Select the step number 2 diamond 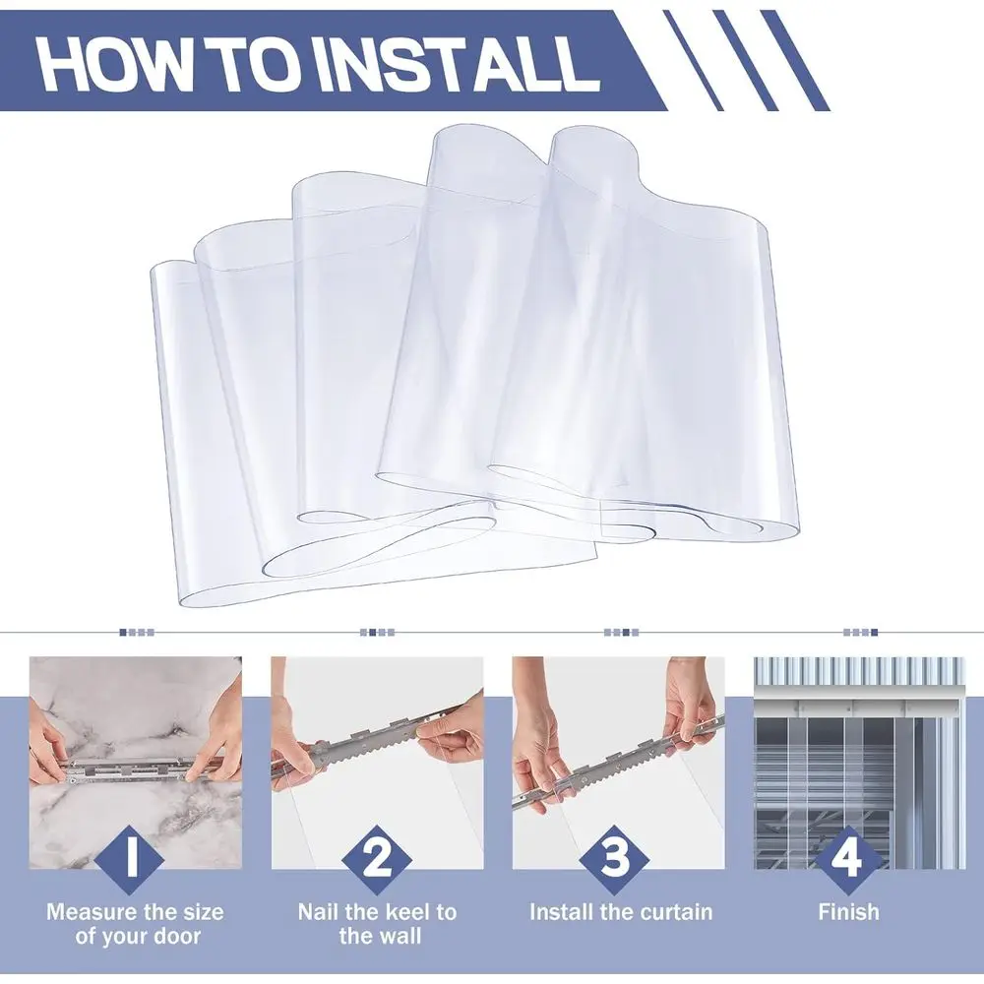(376, 858)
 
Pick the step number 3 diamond (617, 858)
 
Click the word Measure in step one (93, 912)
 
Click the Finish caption (848, 912)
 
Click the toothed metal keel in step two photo (364, 748)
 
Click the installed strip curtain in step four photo (846, 777)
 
